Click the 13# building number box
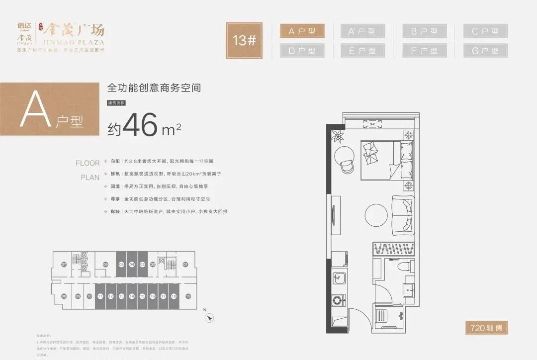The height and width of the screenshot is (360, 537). [244, 40]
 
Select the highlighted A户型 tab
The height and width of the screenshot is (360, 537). [302, 31]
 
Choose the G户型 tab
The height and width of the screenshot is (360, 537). [485, 51]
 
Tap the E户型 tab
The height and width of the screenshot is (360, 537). [362, 51]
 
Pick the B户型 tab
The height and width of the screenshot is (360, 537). [424, 31]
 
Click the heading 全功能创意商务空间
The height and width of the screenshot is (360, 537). [154, 89]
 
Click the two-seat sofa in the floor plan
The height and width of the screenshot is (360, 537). [402, 215]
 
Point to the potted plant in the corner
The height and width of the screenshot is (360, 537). [339, 134]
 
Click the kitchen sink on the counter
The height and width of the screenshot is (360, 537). [339, 278]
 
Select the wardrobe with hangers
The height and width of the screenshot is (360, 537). [393, 249]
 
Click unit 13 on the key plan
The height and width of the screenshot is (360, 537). [121, 296]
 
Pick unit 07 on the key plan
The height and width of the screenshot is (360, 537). [64, 265]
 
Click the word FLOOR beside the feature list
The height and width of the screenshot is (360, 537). [88, 163]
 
